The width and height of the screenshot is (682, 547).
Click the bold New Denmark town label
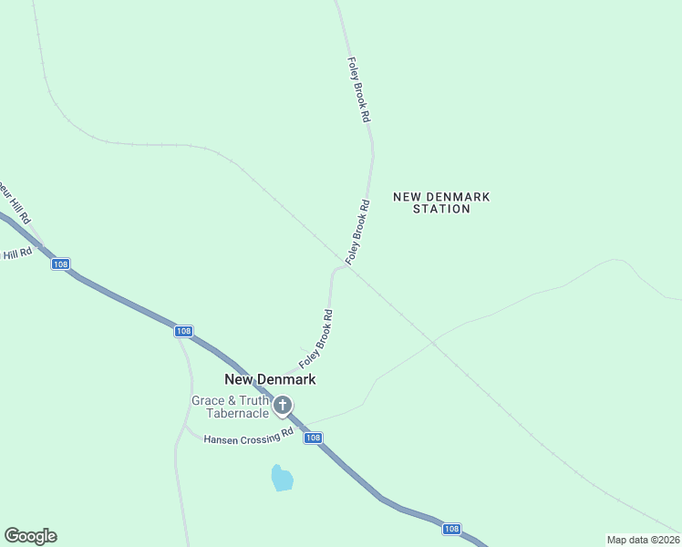[270, 379]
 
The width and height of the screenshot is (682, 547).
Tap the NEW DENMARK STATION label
[441, 202]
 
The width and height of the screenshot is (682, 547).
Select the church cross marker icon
[283, 405]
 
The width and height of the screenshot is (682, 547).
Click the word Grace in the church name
[208, 400]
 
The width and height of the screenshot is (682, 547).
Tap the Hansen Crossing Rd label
[248, 436]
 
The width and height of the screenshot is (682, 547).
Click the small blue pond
[283, 478]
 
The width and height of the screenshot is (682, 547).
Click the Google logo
[30, 536]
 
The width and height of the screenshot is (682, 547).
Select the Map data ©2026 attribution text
[644, 540]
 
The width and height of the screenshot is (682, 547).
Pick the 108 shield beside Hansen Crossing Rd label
[313, 439]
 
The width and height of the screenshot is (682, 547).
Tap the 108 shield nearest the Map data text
[451, 529]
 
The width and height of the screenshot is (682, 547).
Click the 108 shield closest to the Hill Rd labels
[60, 264]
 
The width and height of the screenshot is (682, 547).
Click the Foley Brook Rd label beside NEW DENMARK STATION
[356, 232]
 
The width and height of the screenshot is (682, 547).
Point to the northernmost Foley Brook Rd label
[358, 90]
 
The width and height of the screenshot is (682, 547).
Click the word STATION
[441, 209]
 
